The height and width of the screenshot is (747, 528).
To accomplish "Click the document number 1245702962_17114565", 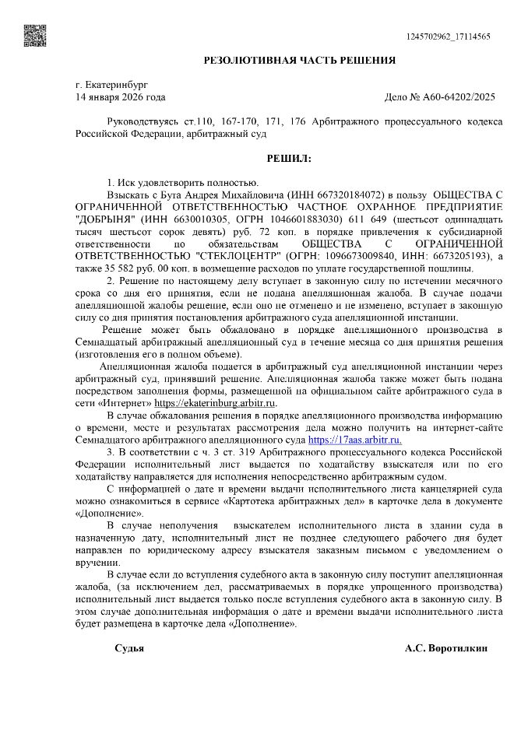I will (x=449, y=37).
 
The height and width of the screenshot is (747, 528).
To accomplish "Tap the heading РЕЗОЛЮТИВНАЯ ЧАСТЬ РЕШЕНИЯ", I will (x=299, y=60).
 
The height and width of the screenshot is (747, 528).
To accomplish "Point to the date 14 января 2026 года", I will (x=120, y=97).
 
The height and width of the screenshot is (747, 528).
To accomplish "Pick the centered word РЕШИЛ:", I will (x=289, y=159).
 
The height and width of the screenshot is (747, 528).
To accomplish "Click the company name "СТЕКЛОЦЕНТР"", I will (x=239, y=256).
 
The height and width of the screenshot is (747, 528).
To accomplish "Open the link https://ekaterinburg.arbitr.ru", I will (x=216, y=403).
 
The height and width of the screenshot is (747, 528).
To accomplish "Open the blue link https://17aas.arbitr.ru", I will (x=355, y=440).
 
